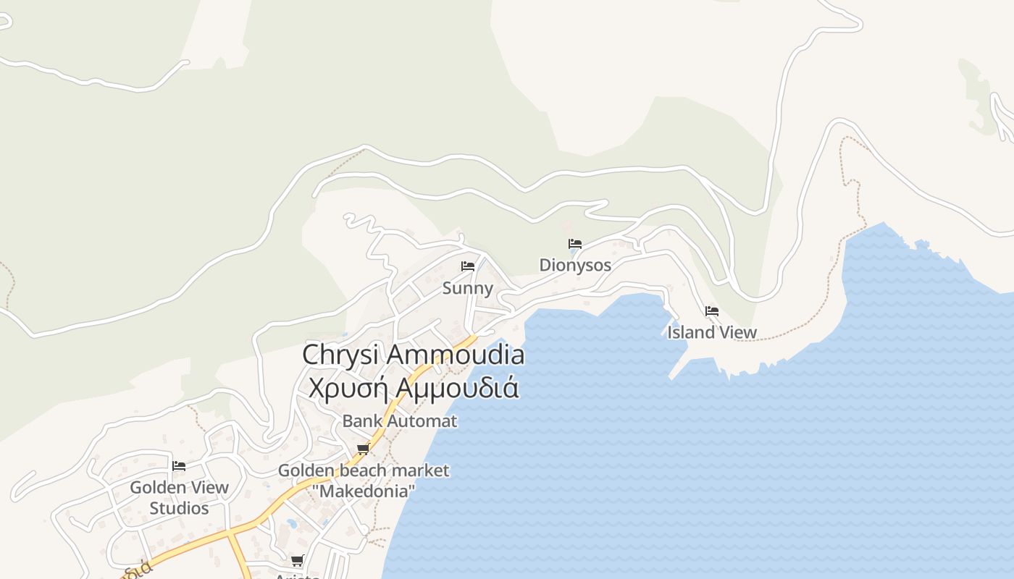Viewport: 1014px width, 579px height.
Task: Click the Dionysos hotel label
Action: [575, 265]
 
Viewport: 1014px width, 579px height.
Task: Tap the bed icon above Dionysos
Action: [575, 244]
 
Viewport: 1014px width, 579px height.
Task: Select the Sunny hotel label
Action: [467, 288]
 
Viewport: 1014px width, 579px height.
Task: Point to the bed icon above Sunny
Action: [468, 266]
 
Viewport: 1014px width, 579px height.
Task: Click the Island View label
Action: [711, 332]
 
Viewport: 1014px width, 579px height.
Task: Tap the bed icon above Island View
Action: [712, 311]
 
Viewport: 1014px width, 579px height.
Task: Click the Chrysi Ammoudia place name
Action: [413, 355]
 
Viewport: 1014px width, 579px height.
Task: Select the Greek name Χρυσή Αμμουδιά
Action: [413, 388]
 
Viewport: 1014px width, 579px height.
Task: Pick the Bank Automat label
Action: [400, 420]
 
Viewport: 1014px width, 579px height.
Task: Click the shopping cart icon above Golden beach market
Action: [364, 449]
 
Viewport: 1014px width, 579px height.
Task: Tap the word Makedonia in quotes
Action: [364, 491]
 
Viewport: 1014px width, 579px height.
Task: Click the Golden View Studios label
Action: [179, 498]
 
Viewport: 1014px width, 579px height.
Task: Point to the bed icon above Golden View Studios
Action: [179, 465]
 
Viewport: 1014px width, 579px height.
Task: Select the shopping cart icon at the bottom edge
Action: [297, 560]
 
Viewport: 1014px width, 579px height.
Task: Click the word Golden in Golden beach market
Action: [306, 470]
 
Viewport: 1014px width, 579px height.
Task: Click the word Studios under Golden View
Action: [179, 508]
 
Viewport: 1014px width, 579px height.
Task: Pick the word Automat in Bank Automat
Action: [422, 420]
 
